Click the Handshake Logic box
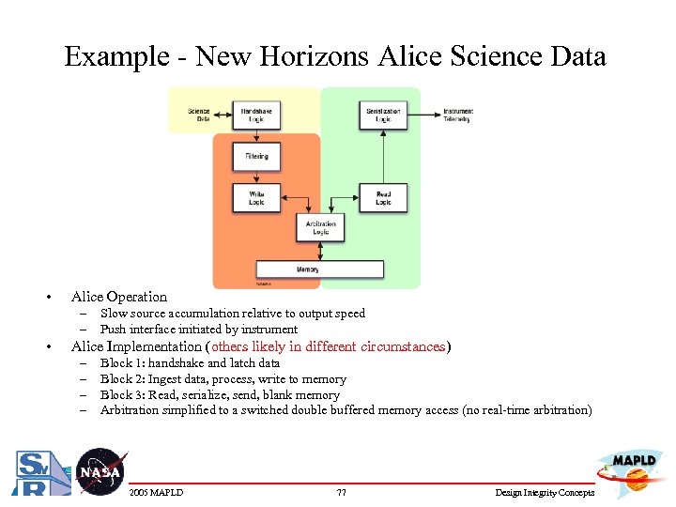pyautogui.click(x=256, y=115)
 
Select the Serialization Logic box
pyautogui.click(x=383, y=115)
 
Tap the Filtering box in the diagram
pyautogui.click(x=256, y=156)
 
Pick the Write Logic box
pyautogui.click(x=256, y=198)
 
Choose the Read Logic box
pyautogui.click(x=383, y=198)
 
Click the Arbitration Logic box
pyautogui.click(x=320, y=227)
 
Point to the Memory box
pyautogui.click(x=307, y=269)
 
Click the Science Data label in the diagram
pyautogui.click(x=199, y=115)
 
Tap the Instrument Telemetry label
pyautogui.click(x=457, y=115)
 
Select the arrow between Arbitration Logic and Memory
pyautogui.click(x=320, y=251)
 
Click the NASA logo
pyautogui.click(x=100, y=471)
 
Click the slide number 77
pyautogui.click(x=342, y=493)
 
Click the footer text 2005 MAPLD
pyautogui.click(x=156, y=493)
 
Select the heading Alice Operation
pyautogui.click(x=119, y=297)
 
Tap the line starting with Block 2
pyautogui.click(x=223, y=379)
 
